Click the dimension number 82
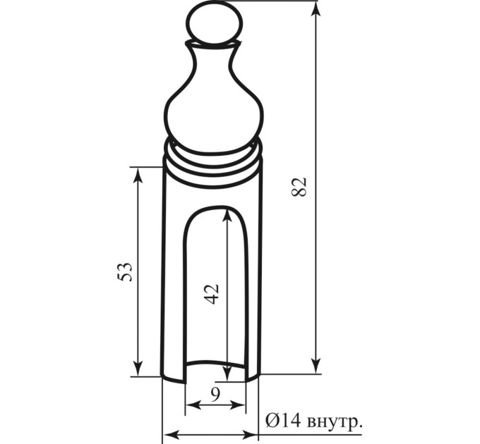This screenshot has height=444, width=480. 299,187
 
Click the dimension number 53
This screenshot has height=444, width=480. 125,271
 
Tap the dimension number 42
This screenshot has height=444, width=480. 212,295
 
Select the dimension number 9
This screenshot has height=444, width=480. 215,395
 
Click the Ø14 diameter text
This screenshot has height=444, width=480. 284,421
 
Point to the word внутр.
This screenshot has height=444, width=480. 335,424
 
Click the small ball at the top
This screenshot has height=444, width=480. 215,24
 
